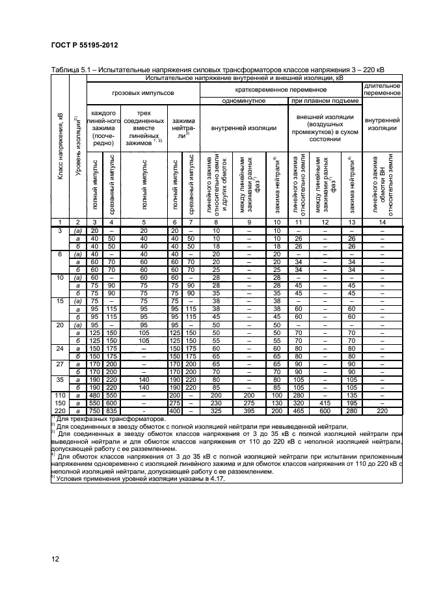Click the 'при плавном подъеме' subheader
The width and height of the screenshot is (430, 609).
(325, 100)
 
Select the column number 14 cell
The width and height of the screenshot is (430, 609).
(382, 222)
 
